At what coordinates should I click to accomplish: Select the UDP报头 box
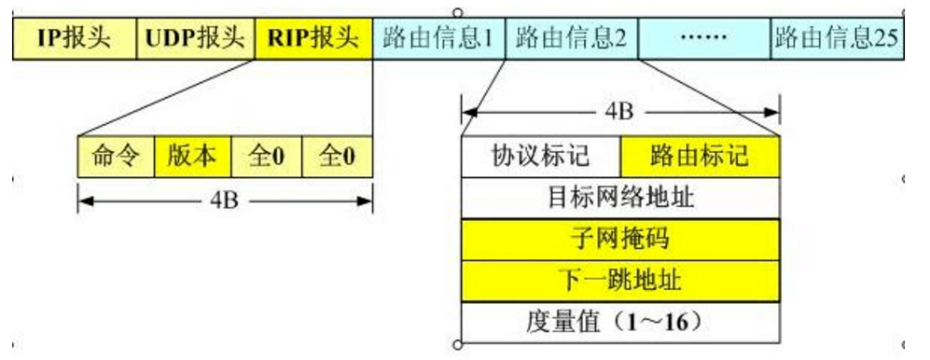click(194, 38)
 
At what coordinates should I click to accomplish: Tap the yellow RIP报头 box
click(312, 38)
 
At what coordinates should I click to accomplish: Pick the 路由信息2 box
click(571, 38)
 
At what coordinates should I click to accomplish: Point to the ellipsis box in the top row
click(704, 38)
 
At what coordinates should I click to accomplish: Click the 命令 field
click(116, 156)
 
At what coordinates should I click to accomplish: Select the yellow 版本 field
click(193, 156)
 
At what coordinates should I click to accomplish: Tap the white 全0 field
click(265, 156)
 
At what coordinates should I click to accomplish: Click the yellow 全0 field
click(338, 156)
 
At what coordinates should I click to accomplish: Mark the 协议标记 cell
click(541, 155)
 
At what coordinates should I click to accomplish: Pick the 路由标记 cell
click(700, 155)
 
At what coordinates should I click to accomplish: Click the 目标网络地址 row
click(620, 197)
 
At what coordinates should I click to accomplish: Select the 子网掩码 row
click(620, 239)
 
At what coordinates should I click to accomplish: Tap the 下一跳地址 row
click(620, 280)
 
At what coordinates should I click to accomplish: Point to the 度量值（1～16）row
click(620, 323)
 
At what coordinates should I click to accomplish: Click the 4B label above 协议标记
click(619, 112)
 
